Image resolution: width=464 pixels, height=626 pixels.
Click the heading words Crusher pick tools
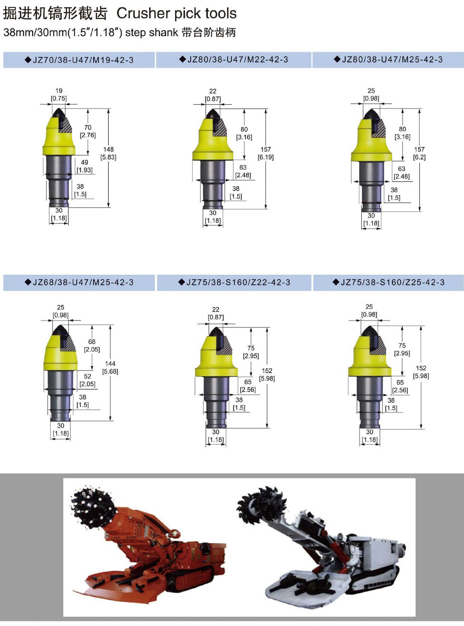(176, 14)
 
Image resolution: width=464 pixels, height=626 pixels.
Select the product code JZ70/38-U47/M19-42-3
(79, 60)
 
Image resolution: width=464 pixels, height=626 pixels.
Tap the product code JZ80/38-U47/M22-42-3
(234, 60)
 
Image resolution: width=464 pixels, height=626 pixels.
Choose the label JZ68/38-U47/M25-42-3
(79, 282)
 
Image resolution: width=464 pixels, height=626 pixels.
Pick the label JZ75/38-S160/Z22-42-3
(234, 282)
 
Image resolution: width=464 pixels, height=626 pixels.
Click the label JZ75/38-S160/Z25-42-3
(388, 282)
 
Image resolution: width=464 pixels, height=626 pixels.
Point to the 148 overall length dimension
(109, 149)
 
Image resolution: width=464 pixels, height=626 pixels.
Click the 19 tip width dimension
(59, 91)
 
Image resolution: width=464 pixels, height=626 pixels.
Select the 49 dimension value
(85, 162)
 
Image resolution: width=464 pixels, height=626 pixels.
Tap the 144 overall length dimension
(110, 363)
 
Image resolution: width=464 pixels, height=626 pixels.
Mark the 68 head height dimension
(92, 342)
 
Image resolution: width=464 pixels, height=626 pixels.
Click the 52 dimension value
(88, 376)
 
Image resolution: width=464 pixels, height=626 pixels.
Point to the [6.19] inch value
(266, 157)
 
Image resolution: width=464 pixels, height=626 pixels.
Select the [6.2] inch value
(419, 157)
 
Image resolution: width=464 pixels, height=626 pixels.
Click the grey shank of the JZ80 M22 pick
(213, 184)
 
